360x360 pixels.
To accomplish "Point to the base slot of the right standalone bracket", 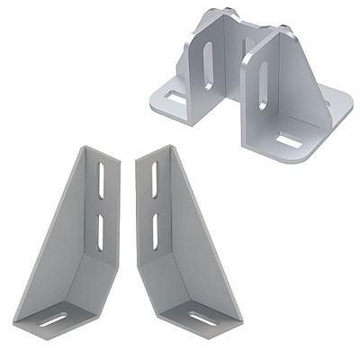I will [202, 318].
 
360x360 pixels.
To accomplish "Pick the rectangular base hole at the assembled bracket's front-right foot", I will [289, 140].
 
